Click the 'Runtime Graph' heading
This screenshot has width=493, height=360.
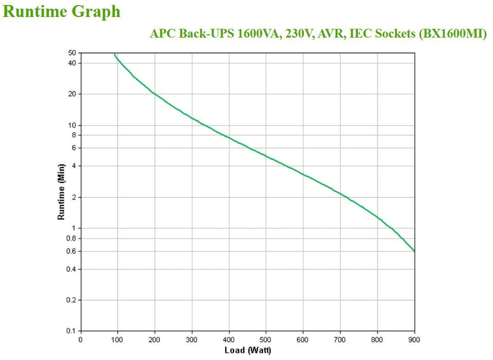pos(62,11)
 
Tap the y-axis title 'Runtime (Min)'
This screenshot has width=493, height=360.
pos(61,192)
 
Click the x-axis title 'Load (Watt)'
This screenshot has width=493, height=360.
pos(247,351)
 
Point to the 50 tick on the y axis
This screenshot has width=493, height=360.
pos(72,53)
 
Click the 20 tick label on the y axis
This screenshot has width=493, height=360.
pos(72,94)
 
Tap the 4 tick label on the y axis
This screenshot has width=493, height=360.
pos(74,166)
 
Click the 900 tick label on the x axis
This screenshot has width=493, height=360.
pos(414,339)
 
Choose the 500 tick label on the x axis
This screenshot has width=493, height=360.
pos(266,339)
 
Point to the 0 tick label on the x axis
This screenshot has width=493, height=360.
pos(80,339)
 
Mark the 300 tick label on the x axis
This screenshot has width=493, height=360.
pos(192,339)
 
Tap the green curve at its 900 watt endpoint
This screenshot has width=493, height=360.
pos(414,251)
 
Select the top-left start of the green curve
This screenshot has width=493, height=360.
pos(115,53)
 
